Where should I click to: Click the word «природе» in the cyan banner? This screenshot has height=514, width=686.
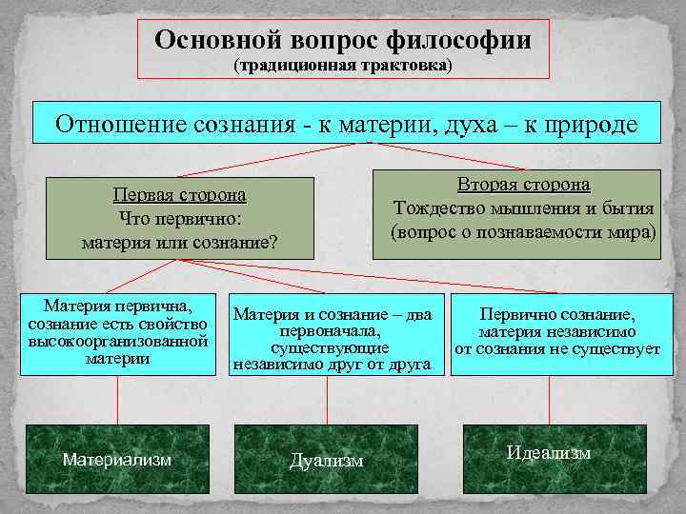(x=590, y=125)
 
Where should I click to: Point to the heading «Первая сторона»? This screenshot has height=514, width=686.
(x=179, y=194)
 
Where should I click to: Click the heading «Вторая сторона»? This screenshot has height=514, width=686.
(x=523, y=184)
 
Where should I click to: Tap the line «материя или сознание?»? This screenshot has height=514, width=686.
(x=179, y=242)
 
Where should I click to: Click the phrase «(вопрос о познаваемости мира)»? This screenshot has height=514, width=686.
(x=523, y=230)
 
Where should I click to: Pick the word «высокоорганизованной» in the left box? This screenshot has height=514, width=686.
(x=118, y=340)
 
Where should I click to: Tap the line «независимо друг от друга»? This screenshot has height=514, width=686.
(x=333, y=363)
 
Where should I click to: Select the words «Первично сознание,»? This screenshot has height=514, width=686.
(x=557, y=315)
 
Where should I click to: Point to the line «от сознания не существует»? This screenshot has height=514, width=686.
(x=557, y=349)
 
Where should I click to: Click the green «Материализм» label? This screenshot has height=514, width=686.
(x=117, y=460)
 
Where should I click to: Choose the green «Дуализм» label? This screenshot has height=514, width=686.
(x=327, y=461)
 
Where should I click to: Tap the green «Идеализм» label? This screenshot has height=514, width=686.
(x=549, y=453)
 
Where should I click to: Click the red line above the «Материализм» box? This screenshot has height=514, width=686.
(x=117, y=400)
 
